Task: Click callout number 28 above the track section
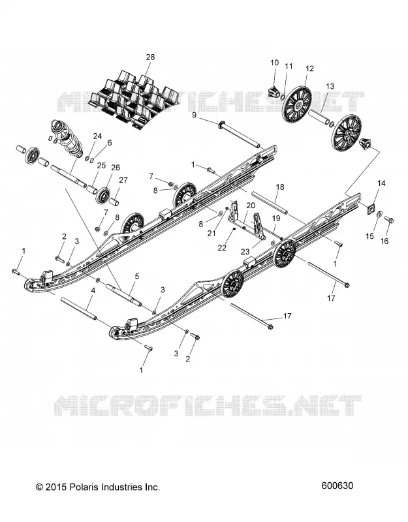[x=150, y=57]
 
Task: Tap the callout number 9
[x=194, y=115]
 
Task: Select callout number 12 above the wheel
[x=309, y=69]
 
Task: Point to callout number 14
[x=381, y=183]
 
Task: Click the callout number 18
[x=280, y=187]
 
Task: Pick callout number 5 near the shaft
[x=137, y=276]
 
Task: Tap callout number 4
[x=93, y=290]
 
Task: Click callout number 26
[x=116, y=168]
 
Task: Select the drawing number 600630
[x=337, y=485]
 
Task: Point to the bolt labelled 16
[x=389, y=220]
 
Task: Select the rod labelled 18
[x=269, y=203]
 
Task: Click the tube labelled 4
[x=78, y=309]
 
